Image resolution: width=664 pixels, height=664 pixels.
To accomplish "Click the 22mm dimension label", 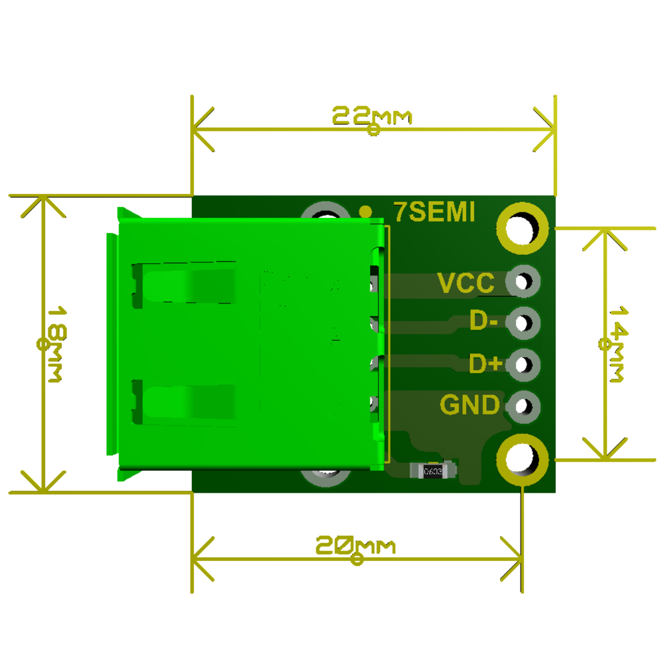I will (x=372, y=116).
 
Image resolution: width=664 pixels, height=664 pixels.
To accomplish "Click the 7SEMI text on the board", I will (x=434, y=212).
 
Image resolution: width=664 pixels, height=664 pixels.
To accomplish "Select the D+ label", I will (x=485, y=364).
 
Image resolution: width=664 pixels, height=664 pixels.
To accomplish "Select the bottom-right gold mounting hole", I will (x=523, y=459).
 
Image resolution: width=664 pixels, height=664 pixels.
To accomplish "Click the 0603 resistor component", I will (x=433, y=471).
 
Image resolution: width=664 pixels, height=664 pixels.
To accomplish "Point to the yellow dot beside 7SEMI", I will (x=365, y=212).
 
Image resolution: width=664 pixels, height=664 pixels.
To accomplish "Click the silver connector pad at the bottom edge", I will (x=325, y=477).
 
